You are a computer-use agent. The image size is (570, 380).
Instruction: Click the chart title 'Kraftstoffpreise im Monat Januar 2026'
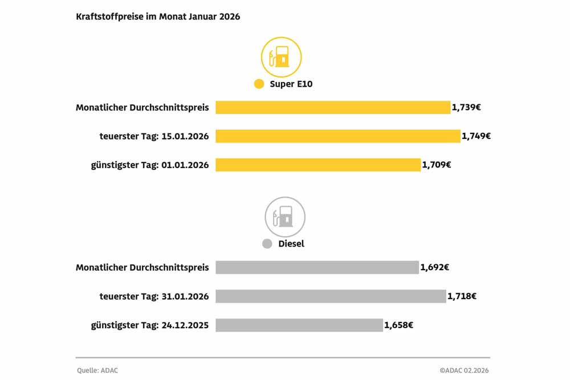pos(158,17)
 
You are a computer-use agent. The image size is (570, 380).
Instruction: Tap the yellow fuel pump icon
pos(281,57)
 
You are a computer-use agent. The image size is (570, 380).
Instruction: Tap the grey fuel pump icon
pos(285,217)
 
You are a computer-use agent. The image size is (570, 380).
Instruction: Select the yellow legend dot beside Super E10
pos(259,84)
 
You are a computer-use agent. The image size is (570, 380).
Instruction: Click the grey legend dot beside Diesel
pos(267,244)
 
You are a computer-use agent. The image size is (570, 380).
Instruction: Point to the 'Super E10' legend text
pos(291,84)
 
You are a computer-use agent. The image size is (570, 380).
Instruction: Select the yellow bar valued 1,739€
pos(333,107)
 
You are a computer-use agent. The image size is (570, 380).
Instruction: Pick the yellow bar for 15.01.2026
pos(337,136)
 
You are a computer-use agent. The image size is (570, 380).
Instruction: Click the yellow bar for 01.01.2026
pos(318,165)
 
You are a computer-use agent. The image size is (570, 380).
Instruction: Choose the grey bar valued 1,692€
pos(317,267)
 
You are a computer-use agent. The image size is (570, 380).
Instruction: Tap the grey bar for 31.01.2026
pos(331,296)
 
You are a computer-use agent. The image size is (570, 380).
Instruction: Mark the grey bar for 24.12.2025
pos(299,325)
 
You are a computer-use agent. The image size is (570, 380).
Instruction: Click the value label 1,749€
pos(476,136)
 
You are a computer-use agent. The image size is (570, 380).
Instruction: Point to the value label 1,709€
pos(437,165)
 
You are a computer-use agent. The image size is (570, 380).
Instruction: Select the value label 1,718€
pos(462,296)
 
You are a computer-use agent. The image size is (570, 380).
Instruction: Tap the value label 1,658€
pos(398,325)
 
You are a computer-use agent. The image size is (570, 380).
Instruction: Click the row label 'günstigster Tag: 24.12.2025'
pos(150,325)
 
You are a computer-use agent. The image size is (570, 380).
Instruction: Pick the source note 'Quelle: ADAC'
pos(97,370)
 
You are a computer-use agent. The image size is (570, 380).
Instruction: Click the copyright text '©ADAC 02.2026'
pos(464,370)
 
